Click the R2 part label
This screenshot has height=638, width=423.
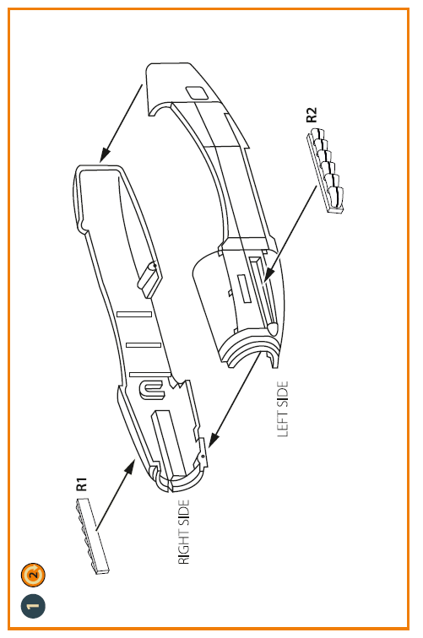click(311, 115)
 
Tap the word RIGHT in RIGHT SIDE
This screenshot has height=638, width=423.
click(184, 546)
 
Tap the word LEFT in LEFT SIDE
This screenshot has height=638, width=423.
click(283, 424)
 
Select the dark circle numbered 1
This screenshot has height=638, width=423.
click(33, 606)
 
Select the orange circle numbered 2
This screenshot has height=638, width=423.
click(33, 575)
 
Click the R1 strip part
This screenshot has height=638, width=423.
click(92, 536)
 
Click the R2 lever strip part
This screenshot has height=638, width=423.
click(325, 170)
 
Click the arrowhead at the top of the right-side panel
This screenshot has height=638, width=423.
click(105, 155)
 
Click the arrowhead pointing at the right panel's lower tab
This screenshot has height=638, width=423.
click(213, 440)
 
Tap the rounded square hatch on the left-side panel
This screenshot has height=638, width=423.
click(197, 93)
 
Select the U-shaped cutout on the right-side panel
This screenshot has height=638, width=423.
click(151, 389)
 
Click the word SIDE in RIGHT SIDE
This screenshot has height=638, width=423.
click(184, 512)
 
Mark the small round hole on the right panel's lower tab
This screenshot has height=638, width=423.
click(203, 457)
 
